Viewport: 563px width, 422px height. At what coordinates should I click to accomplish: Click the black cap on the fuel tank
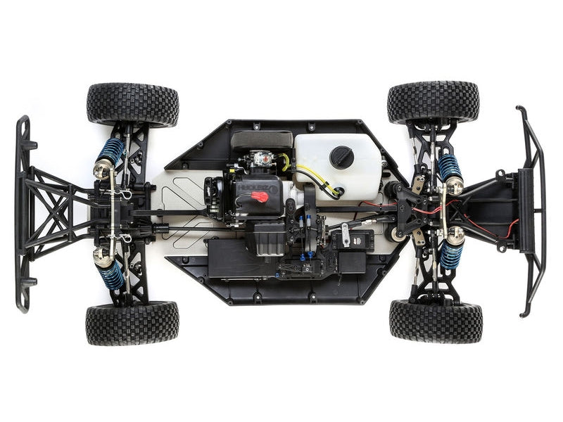(342, 157)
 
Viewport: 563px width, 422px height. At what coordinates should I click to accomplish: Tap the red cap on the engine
(260, 196)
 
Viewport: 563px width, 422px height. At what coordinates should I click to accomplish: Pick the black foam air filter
(262, 139)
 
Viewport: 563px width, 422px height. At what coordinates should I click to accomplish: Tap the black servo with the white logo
(352, 241)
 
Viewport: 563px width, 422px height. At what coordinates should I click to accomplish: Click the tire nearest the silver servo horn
(436, 321)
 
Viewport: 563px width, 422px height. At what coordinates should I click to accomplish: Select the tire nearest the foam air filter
(133, 104)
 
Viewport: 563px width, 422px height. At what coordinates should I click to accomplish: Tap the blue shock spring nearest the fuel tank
(448, 167)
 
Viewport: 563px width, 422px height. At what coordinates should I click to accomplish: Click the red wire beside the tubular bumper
(512, 228)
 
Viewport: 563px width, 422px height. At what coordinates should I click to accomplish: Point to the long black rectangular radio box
(243, 258)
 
